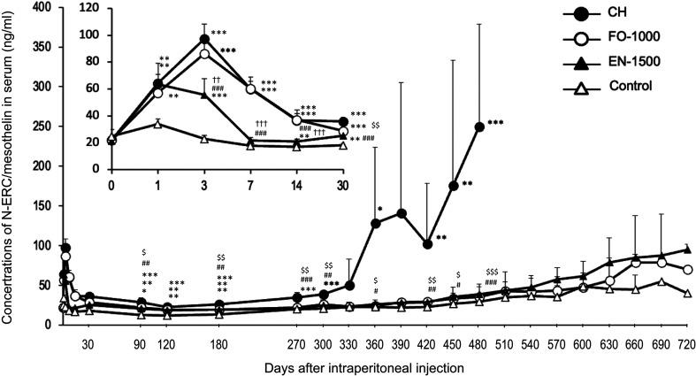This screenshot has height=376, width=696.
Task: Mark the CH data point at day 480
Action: pyautogui.click(x=479, y=127)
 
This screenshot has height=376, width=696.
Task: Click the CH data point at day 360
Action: pyautogui.click(x=375, y=223)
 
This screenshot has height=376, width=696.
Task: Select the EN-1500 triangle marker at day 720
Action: pyautogui.click(x=687, y=249)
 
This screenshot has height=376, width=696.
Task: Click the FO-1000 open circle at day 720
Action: pyautogui.click(x=687, y=270)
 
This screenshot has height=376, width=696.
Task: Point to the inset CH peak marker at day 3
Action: pyautogui.click(x=204, y=38)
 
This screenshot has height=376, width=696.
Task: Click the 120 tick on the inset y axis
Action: pyautogui.click(x=95, y=8)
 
